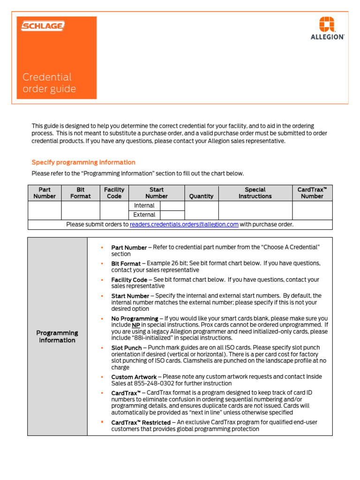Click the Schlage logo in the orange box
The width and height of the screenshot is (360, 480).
(x=42, y=26)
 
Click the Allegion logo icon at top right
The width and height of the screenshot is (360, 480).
(x=327, y=24)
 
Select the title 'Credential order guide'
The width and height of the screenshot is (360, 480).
(x=49, y=83)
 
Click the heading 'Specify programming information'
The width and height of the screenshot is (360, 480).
(x=83, y=162)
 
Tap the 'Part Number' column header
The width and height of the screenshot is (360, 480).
(x=45, y=193)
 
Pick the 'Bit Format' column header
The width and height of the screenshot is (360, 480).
(x=81, y=193)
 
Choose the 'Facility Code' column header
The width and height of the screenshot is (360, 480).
(x=114, y=193)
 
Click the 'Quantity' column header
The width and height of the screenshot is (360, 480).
(x=201, y=196)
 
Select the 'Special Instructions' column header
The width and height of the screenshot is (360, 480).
(x=255, y=193)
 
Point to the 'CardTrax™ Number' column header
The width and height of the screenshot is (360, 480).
(x=312, y=193)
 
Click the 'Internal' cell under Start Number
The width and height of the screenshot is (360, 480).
(x=144, y=206)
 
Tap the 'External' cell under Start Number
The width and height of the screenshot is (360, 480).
(x=144, y=215)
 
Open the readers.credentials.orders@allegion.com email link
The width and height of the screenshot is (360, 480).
(x=184, y=225)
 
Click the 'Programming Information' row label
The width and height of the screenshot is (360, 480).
(x=57, y=337)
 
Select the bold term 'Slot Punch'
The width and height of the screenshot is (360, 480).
(x=127, y=348)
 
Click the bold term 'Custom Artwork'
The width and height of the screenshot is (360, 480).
(x=134, y=377)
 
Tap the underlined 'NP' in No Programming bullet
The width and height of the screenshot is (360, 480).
(x=135, y=325)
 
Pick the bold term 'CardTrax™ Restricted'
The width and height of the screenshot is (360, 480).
(x=141, y=422)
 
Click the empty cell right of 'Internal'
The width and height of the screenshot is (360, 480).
(x=172, y=206)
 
